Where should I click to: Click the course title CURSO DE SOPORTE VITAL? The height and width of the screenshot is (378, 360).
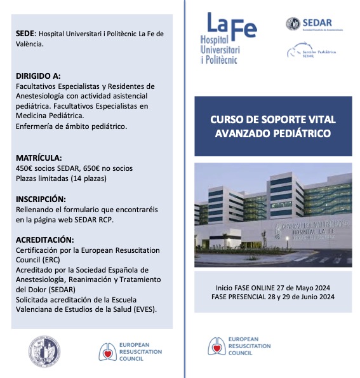272,119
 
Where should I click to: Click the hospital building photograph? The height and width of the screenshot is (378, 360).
273,215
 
